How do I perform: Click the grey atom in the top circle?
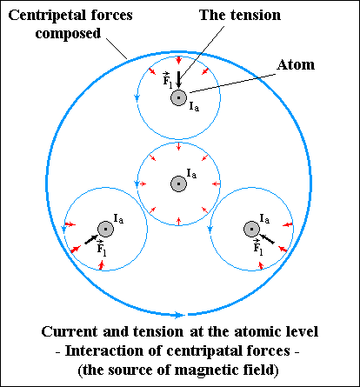[178, 97]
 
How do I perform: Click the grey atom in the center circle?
[178, 183]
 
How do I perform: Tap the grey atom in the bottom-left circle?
[105, 229]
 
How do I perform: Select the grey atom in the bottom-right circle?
[251, 229]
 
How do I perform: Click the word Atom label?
[296, 64]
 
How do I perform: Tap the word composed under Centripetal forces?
[68, 34]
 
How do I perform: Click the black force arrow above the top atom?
[178, 79]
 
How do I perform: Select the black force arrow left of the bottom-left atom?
[91, 239]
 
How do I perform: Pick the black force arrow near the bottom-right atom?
[266, 239]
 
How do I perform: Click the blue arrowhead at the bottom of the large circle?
[179, 315]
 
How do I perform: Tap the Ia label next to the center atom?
[191, 174]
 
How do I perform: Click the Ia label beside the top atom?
[194, 106]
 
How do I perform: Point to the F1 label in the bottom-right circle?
[257, 247]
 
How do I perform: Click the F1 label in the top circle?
[167, 79]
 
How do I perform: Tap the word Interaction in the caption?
[104, 350]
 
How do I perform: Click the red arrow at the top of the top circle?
[178, 60]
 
